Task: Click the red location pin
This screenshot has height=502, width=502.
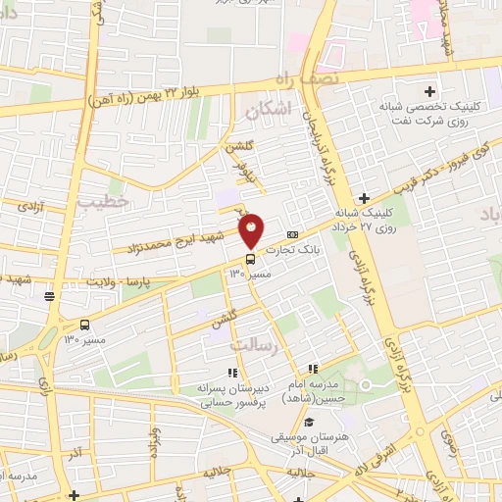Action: coord(252,231)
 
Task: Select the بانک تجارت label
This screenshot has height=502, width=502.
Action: coord(322,249)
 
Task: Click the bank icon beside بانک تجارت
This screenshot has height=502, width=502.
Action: coord(293,234)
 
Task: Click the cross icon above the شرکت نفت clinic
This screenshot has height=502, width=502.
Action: coord(429,91)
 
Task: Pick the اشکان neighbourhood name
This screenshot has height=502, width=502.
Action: coord(270,111)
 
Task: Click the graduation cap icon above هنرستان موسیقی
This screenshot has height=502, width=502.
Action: coord(310,422)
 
